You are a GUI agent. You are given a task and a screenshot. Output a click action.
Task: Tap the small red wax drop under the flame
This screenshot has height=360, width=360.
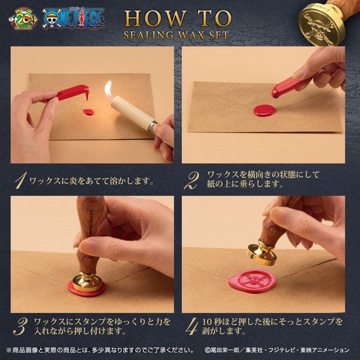(88, 112)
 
